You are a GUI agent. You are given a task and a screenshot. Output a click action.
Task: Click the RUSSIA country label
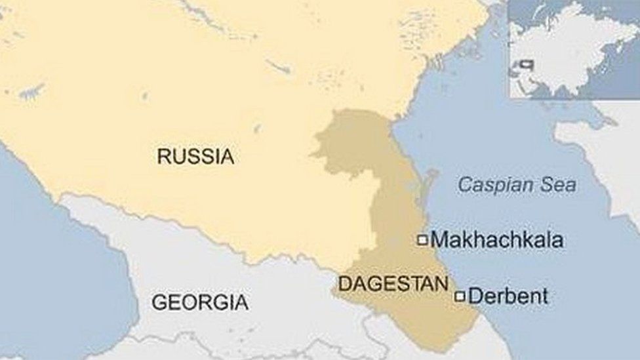195,156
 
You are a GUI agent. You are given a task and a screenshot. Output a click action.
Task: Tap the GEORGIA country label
200,302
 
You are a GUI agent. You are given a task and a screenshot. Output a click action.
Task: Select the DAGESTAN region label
393,283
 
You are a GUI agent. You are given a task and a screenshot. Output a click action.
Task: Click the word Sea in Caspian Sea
558,185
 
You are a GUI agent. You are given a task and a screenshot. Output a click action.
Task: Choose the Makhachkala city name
497,240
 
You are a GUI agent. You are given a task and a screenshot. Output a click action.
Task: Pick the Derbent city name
508,296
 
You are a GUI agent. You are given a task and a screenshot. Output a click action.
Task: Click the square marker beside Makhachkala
422,240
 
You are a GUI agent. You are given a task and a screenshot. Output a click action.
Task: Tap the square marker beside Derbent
460,296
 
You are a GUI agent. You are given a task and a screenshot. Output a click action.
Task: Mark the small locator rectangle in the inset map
527,65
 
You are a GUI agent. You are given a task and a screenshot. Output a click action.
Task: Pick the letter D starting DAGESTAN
343,283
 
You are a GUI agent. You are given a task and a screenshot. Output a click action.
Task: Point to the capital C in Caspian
464,185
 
